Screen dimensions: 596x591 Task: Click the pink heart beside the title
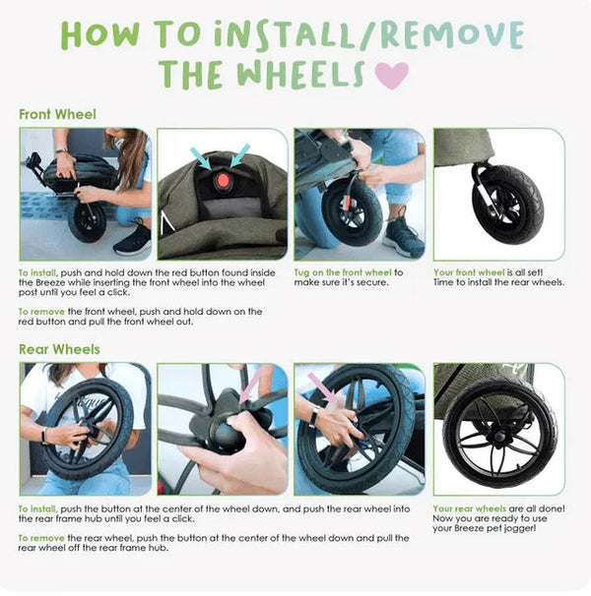pos(391,76)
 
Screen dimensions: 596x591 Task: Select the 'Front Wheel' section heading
pos(57,114)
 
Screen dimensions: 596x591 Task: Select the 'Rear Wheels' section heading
pos(59,349)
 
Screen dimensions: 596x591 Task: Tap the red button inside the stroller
pos(223,181)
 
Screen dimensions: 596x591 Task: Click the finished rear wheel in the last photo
pos(496,434)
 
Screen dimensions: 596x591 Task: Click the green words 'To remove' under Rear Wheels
pos(40,538)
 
